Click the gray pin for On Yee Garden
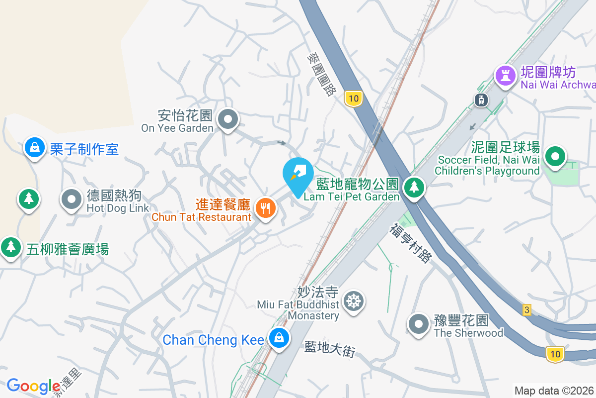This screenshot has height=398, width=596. coord(228,119)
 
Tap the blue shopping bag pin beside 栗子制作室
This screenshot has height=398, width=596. coord(35,148)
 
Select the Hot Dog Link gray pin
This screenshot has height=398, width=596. coord(72,199)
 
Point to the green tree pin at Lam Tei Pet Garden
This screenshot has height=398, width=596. coord(413,188)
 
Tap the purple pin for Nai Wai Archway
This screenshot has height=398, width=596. coord(506,75)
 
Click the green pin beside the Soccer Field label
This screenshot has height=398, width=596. coord(555,158)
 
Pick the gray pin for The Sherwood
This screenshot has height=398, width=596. coord(419,324)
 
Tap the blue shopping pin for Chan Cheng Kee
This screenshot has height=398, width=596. coord(279,338)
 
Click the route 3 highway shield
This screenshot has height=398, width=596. coord(527,310)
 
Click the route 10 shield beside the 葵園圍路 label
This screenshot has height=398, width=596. coord(353,98)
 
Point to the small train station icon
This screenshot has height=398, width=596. coord(481,99)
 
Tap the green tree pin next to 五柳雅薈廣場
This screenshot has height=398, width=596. coord(10,246)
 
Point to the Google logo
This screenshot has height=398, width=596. coord(34,386)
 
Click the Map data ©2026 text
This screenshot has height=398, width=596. coord(554,391)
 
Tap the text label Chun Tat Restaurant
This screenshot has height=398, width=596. coord(201,217)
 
